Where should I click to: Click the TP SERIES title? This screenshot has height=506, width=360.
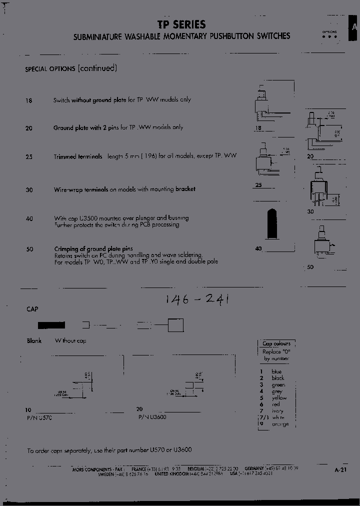(181, 24)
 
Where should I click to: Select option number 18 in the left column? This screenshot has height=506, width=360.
(28, 100)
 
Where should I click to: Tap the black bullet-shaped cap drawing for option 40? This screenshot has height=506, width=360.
(272, 224)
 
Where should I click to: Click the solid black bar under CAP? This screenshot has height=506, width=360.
(51, 325)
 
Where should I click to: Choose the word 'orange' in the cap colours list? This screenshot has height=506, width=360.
(280, 424)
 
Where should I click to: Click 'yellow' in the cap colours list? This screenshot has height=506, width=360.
(279, 398)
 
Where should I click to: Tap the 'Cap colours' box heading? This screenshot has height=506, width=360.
(276, 344)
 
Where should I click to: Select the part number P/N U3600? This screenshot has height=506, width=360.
(152, 417)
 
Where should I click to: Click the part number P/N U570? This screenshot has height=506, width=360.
(39, 417)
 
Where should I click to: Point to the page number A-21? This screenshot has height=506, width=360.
(340, 469)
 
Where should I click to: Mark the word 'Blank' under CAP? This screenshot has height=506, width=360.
(34, 340)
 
